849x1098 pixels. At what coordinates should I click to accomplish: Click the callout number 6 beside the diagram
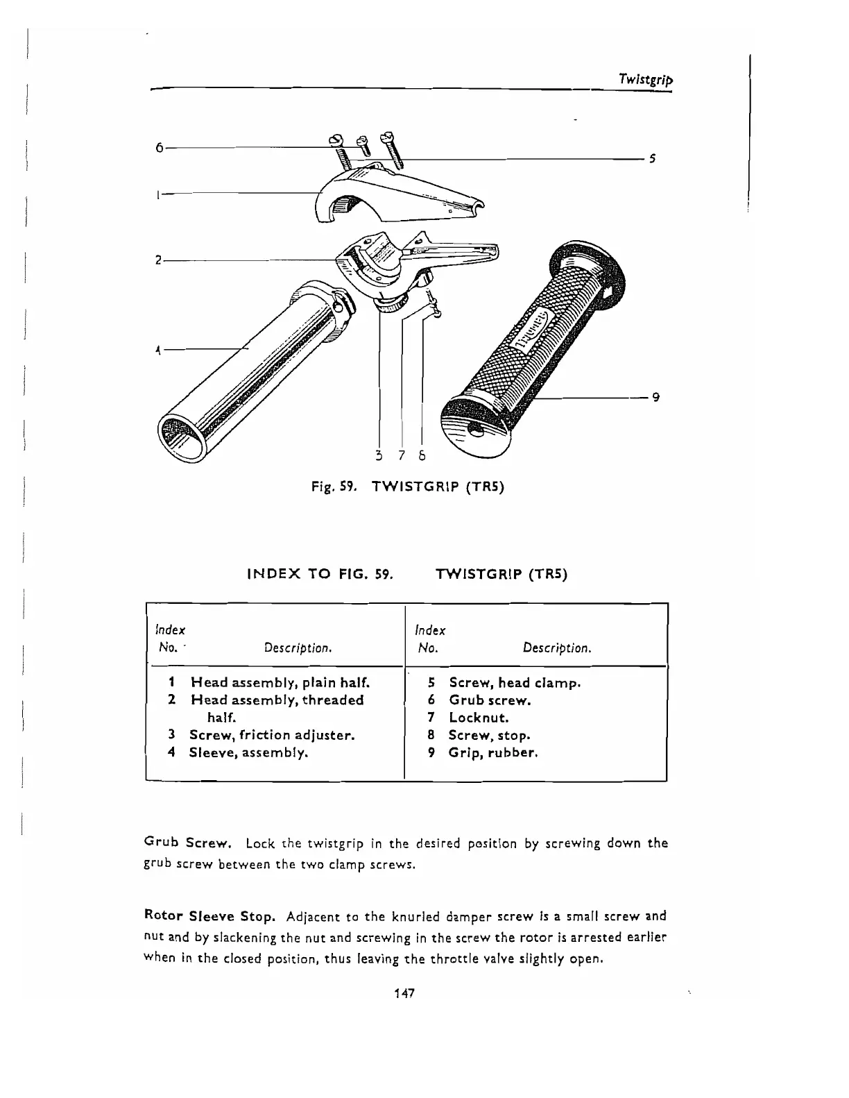[160, 148]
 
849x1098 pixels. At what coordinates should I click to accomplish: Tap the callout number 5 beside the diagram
[652, 159]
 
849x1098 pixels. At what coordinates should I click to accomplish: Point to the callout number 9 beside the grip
[655, 398]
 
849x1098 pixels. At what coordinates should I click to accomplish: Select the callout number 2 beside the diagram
[158, 260]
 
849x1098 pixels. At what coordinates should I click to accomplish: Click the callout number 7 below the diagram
[402, 456]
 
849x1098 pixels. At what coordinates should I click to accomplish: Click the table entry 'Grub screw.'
[490, 700]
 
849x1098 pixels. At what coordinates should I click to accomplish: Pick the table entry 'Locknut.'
[479, 718]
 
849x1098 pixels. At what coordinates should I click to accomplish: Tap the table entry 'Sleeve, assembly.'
[248, 752]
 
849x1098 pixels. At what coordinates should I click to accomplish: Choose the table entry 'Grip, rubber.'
[493, 752]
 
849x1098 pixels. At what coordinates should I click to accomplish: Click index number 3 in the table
[171, 735]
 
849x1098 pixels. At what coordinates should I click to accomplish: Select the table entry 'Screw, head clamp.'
[515, 683]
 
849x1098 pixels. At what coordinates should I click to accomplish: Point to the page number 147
[403, 993]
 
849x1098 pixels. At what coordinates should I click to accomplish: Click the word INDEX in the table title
[276, 575]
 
